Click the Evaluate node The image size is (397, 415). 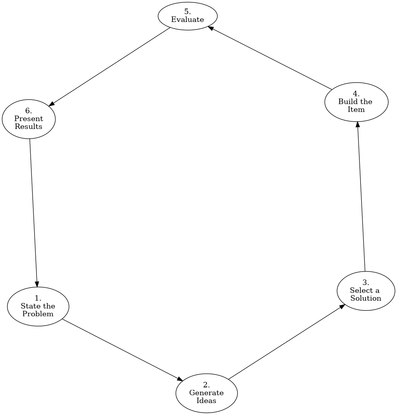pos(187,16)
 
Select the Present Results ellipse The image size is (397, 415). pos(29,119)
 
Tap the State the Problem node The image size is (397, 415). pos(38,306)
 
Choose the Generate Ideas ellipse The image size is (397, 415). pos(207,393)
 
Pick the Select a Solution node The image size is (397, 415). pos(366,291)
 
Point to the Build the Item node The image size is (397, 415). pos(356,102)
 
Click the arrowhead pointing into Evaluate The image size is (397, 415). pos(211,28)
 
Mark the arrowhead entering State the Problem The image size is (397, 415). pos(37,284)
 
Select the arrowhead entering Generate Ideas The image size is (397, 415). pos(180,379)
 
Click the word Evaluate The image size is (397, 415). pos(187,20)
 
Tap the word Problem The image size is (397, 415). pos(38,314)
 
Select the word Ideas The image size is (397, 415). pos(207,401)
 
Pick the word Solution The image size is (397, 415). pos(366,298)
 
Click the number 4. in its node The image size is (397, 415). pos(356,94)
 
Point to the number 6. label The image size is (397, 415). pos(29,111)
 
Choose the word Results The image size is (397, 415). pos(29,126)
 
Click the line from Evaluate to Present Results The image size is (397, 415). pos(110,67)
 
